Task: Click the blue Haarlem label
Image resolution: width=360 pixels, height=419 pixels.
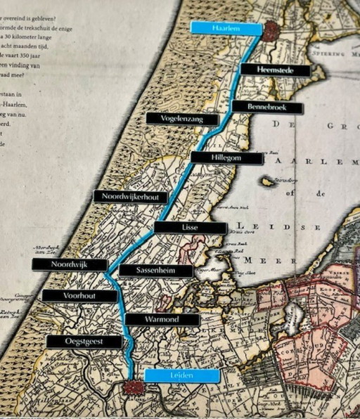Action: [x=226, y=28]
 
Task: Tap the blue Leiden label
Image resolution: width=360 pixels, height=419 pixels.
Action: [x=182, y=375]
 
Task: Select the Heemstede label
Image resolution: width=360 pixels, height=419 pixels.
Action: [x=275, y=70]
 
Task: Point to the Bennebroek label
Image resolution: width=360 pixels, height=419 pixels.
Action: [x=266, y=108]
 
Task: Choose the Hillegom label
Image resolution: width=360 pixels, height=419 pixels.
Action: [x=226, y=158]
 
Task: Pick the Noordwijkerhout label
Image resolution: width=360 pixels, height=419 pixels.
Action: [x=130, y=197]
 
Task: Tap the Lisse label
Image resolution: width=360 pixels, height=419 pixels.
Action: [x=190, y=228]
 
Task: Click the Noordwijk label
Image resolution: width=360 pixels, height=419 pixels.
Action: [x=70, y=264]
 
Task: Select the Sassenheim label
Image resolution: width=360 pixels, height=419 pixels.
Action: [x=155, y=271]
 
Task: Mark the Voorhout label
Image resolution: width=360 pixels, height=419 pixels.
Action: [x=79, y=296]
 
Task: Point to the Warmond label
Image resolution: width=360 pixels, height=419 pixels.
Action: [x=162, y=320]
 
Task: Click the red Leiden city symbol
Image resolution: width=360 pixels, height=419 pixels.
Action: [x=132, y=387]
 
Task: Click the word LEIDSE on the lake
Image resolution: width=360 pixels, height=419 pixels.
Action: [x=292, y=227]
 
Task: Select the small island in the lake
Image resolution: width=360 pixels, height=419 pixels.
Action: [x=267, y=182]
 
